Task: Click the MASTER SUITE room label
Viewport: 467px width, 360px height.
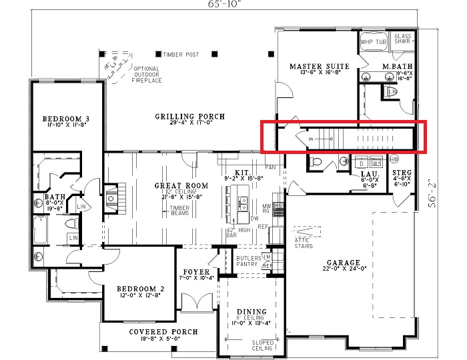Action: (x=320, y=67)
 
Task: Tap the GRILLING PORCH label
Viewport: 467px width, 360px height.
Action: (x=190, y=117)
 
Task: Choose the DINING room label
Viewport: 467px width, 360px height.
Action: (x=251, y=312)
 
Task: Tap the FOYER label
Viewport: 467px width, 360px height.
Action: (x=197, y=273)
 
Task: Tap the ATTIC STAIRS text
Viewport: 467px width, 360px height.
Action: (x=303, y=243)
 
